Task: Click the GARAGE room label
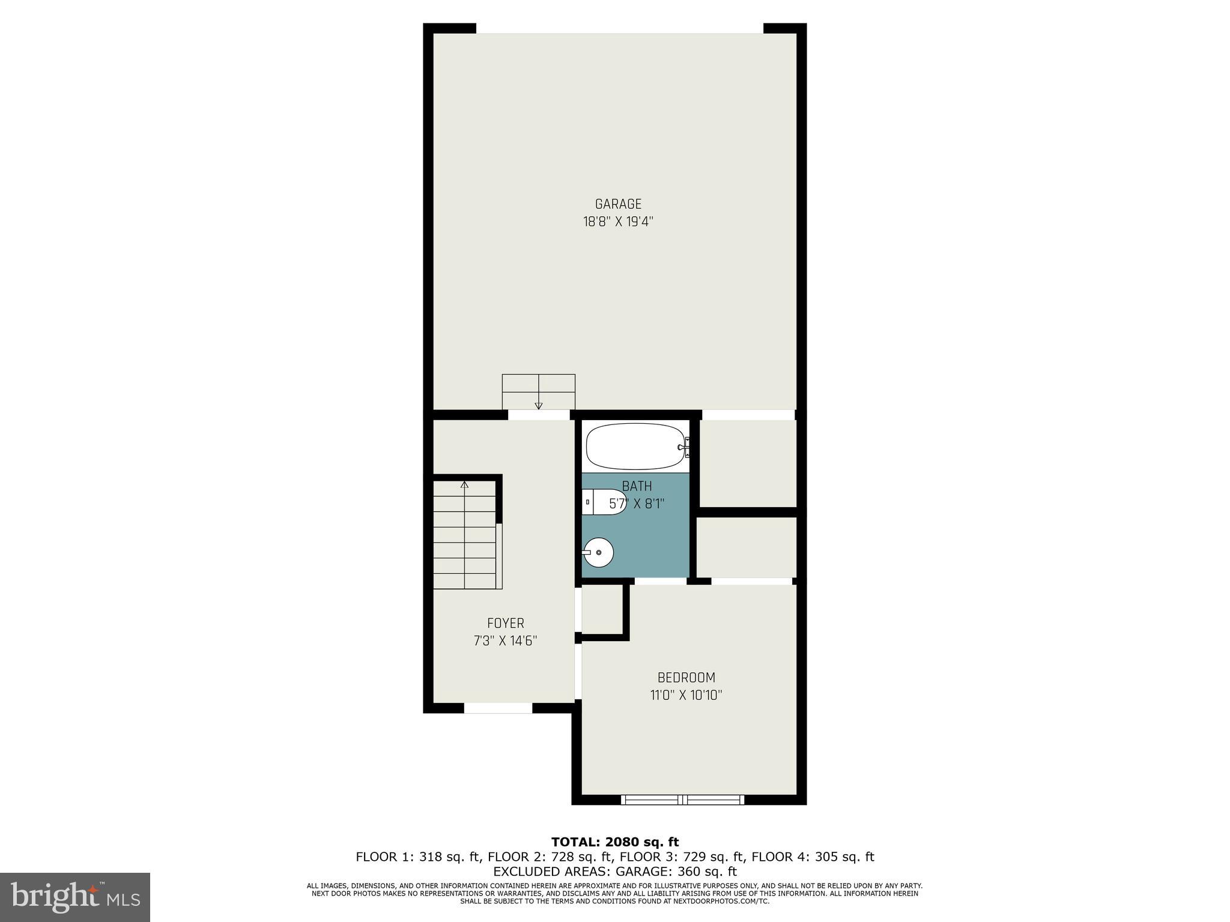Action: pos(618,204)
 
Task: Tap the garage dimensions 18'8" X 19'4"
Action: pos(618,222)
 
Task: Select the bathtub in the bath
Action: pos(635,447)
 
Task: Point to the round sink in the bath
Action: pos(598,552)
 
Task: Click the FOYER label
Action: pos(506,623)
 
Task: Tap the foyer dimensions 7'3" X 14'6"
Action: pos(506,641)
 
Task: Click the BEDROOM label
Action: pos(686,678)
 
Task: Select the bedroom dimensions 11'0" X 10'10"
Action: pos(686,696)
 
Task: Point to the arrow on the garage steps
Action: pos(539,405)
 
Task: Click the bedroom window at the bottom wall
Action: pos(682,800)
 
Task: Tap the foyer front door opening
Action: pos(498,708)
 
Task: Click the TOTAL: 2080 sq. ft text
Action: pos(614,842)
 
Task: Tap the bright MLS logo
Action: pos(74,897)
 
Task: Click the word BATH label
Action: pos(637,486)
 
